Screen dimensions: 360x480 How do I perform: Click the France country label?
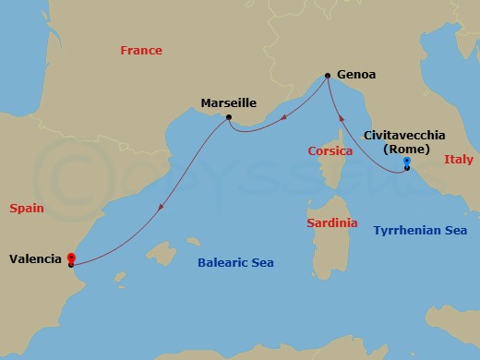click(141, 51)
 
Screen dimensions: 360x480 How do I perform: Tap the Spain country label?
click(27, 210)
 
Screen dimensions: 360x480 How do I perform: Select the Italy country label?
click(458, 159)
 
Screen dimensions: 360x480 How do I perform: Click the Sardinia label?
click(331, 223)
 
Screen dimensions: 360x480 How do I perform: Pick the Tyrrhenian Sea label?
click(420, 230)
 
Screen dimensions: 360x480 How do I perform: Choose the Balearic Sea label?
click(236, 263)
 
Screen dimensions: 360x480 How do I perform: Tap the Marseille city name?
click(228, 102)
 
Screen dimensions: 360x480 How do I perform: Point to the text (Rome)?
click(407, 148)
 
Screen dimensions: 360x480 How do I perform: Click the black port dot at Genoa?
click(328, 76)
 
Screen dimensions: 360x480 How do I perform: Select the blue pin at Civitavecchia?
click(407, 162)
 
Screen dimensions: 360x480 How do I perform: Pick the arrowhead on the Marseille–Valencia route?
click(160, 208)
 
